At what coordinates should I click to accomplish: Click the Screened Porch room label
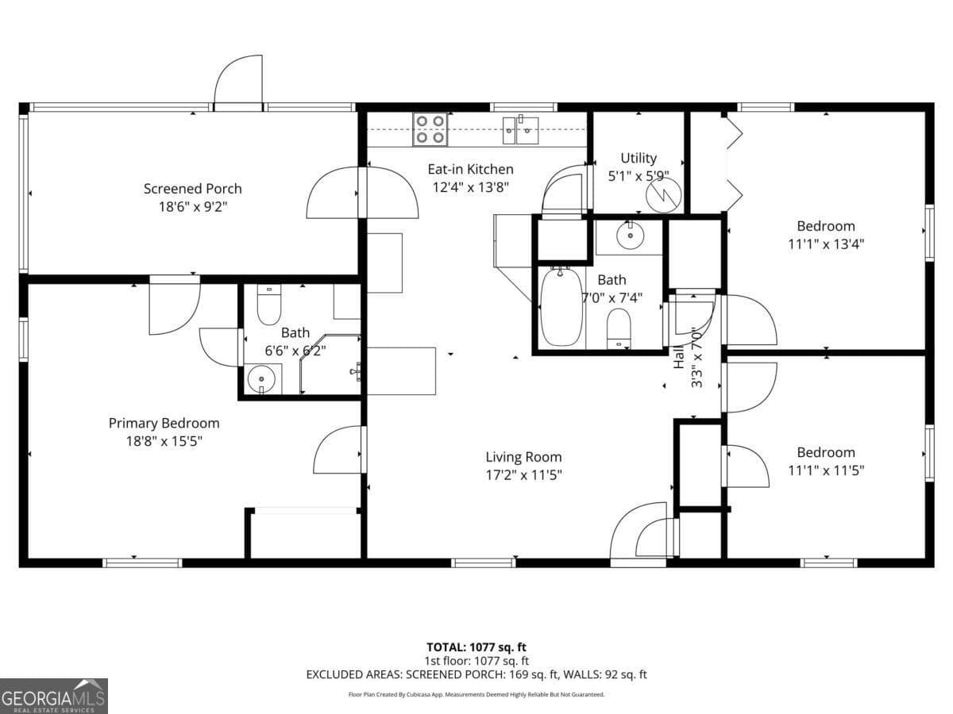(192, 189)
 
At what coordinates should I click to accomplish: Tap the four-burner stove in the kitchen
(430, 129)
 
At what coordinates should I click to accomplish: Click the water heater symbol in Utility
(664, 195)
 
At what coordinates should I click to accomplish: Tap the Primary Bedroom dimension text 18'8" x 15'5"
(164, 441)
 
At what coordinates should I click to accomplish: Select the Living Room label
(523, 457)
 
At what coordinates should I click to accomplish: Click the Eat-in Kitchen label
(470, 169)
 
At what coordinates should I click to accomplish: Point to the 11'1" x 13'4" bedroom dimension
(826, 244)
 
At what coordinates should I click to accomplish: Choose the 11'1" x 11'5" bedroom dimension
(826, 470)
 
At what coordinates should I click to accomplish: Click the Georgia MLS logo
(53, 696)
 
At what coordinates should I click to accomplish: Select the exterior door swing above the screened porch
(239, 80)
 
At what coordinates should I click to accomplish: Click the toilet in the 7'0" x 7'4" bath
(619, 327)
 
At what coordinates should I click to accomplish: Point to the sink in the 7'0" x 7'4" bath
(629, 235)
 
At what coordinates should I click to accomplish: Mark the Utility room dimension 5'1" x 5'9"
(639, 176)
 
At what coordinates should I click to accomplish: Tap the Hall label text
(679, 359)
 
